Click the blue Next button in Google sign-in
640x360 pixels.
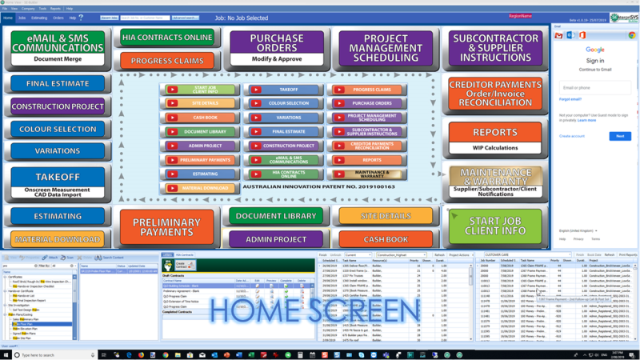[x=619, y=136]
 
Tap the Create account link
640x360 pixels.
[x=571, y=136]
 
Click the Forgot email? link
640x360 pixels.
[x=570, y=99]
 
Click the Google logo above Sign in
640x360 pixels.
[x=594, y=50]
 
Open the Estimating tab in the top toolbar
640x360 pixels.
[x=38, y=17]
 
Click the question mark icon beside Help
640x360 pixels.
[x=81, y=17]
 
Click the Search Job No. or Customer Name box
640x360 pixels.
[x=145, y=17]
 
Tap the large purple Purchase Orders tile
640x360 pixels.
[x=276, y=48]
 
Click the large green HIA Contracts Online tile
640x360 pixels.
[x=167, y=38]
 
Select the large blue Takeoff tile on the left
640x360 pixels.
[x=58, y=183]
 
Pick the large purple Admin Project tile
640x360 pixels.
[x=277, y=238]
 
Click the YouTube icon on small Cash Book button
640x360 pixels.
[x=173, y=117]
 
